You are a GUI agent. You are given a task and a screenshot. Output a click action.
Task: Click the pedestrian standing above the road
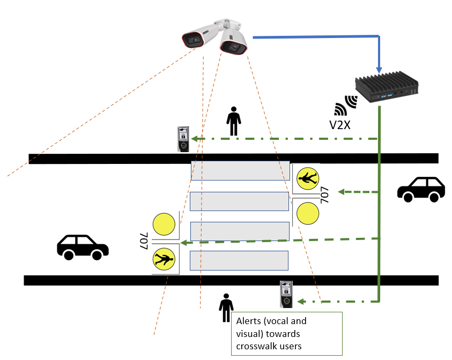tap(233, 121)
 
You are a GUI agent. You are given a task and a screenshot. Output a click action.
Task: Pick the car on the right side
tap(421, 189)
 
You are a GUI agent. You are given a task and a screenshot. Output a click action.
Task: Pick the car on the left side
tap(83, 247)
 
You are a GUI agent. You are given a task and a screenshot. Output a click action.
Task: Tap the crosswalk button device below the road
tap(286, 294)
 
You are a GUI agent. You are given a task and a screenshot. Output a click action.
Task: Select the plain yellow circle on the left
tap(164, 224)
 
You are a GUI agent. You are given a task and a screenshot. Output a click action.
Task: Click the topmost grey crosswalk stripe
tap(240, 171)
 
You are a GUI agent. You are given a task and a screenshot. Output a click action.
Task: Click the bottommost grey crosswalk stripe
tap(239, 260)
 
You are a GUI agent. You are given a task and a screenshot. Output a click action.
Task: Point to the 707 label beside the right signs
tap(324, 196)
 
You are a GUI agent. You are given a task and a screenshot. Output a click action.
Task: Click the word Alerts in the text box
tap(248, 321)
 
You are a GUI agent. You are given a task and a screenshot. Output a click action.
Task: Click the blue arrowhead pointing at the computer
tap(380, 69)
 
